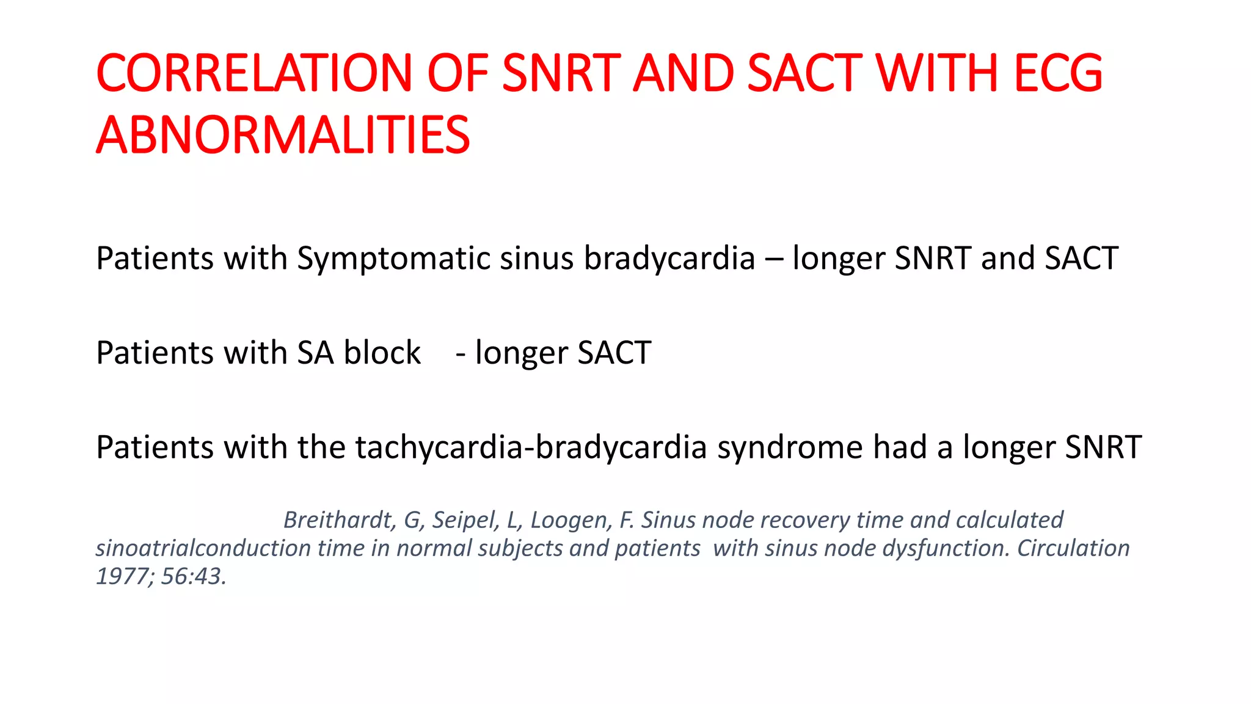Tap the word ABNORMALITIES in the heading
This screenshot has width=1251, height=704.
tap(283, 135)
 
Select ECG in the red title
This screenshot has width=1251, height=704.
tap(1058, 73)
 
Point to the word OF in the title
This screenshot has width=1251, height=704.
tap(458, 73)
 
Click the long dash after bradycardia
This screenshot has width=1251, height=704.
tap(773, 258)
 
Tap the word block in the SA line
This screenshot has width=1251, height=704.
tap(382, 353)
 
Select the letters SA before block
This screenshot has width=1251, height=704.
tap(315, 353)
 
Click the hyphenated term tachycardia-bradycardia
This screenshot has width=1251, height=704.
tap(531, 447)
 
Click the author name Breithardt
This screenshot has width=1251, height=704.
tap(339, 520)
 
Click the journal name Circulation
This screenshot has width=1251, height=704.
tap(1073, 548)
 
